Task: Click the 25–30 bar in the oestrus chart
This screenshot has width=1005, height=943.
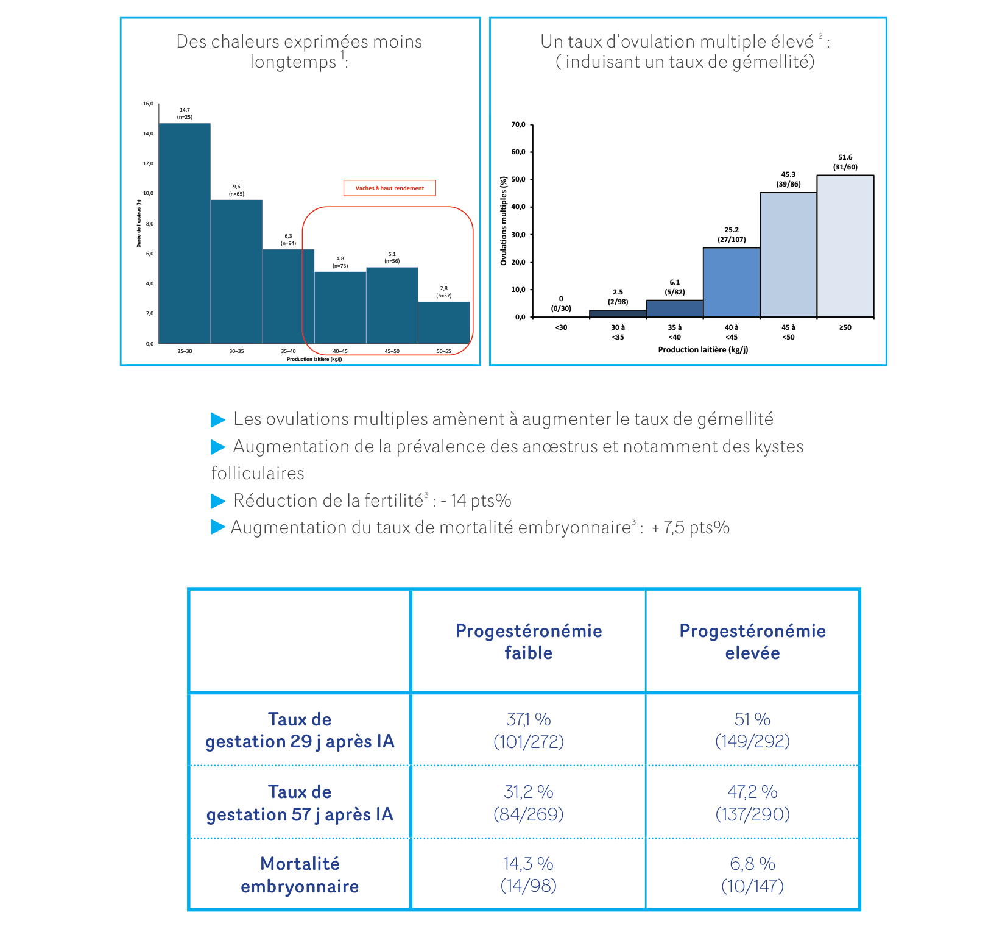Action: [185, 233]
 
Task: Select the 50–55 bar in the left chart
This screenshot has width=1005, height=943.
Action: [444, 322]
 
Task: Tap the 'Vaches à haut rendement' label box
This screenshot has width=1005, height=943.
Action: [390, 188]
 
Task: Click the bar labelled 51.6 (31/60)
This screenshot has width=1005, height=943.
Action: [845, 246]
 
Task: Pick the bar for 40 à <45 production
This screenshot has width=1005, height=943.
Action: [732, 282]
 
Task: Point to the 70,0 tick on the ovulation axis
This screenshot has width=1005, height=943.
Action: [518, 125]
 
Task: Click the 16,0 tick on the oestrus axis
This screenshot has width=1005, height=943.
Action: [149, 104]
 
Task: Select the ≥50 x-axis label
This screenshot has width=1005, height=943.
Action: [845, 327]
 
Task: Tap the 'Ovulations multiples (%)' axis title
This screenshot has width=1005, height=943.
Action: [504, 221]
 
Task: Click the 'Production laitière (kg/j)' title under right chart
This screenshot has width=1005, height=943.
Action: [703, 350]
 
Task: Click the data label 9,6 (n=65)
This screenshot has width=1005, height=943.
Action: [236, 190]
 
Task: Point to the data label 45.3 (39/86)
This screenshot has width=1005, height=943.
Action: [788, 179]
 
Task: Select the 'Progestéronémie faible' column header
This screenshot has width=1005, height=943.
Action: [529, 642]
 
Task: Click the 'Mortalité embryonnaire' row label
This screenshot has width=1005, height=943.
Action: [300, 875]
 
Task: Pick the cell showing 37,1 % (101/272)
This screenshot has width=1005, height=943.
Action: [529, 730]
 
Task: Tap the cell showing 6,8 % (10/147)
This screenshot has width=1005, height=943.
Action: [753, 875]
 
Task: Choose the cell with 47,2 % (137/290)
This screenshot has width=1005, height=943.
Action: [753, 803]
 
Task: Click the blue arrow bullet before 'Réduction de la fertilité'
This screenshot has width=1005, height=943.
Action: [218, 501]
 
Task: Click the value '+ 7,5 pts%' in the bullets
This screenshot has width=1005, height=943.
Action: [691, 528]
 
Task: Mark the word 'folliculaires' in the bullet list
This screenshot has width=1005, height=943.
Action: [258, 473]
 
